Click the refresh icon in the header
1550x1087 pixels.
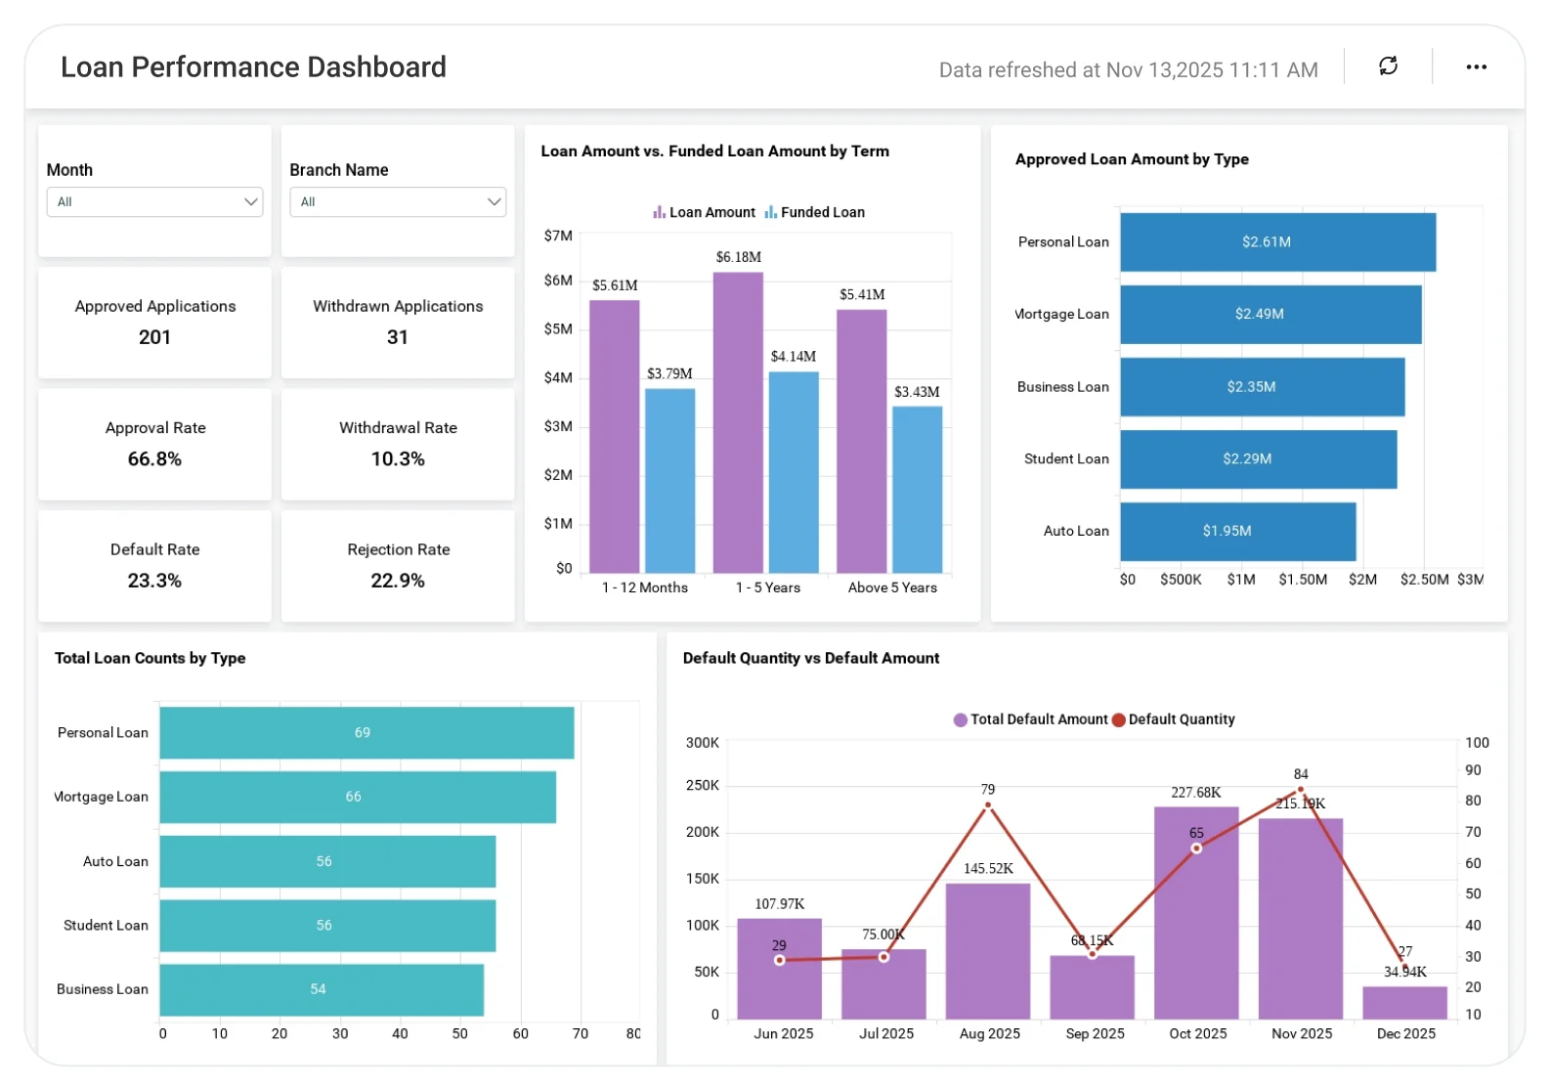[1388, 66]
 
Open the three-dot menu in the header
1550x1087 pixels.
[1476, 66]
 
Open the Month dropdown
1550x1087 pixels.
[154, 202]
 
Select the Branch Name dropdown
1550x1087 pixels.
[398, 202]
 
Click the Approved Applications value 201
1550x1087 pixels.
[154, 337]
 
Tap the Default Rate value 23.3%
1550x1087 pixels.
[154, 581]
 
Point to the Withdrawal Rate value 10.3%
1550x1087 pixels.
[398, 459]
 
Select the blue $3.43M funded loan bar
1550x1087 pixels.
[917, 489]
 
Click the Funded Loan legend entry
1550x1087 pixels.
[815, 212]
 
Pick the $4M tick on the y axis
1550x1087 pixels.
[558, 377]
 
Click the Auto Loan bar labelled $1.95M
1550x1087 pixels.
[1237, 532]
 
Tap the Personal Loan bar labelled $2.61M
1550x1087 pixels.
[1277, 242]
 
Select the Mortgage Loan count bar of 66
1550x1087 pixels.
[358, 797]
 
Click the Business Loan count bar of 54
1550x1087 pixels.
[322, 989]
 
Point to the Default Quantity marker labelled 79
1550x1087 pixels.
[988, 805]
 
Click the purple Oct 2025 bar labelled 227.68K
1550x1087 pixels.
[1196, 913]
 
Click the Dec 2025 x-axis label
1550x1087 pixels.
[1405, 1033]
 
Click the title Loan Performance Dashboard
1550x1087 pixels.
[253, 66]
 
